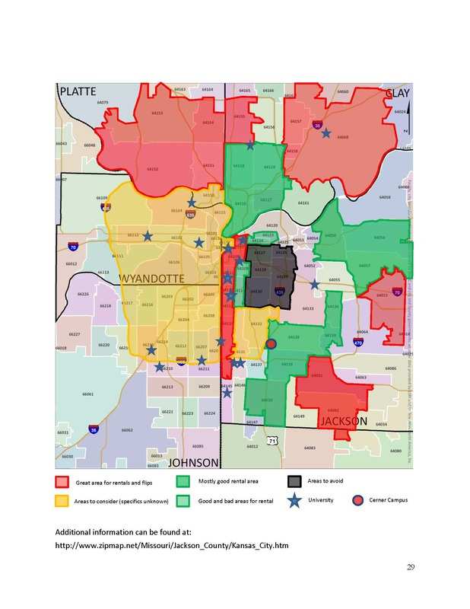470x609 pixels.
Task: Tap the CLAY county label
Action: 397,93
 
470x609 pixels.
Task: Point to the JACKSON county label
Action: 343,421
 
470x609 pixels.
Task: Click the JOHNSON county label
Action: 193,462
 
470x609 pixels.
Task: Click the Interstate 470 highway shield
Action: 358,343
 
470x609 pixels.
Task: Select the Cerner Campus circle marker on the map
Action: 271,345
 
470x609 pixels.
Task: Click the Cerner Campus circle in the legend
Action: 357,500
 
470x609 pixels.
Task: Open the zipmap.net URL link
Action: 172,546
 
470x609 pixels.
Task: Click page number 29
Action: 410,567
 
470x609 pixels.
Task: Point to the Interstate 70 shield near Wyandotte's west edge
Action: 72,247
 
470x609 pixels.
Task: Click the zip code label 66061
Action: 88,394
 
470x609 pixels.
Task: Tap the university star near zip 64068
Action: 326,133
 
